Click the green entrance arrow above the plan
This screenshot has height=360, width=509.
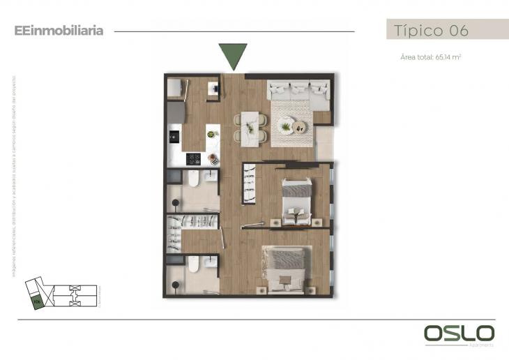pos(232,55)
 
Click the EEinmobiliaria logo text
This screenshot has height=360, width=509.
pos(59,31)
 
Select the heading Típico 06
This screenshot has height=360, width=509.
pos(430,31)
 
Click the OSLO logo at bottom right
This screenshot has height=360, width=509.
pos(459,333)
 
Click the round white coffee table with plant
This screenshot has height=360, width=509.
pos(285,126)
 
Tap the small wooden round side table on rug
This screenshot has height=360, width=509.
pos(300,127)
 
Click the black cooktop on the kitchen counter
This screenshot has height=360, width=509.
pos(194,159)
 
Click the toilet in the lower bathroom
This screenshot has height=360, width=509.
pos(194,263)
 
